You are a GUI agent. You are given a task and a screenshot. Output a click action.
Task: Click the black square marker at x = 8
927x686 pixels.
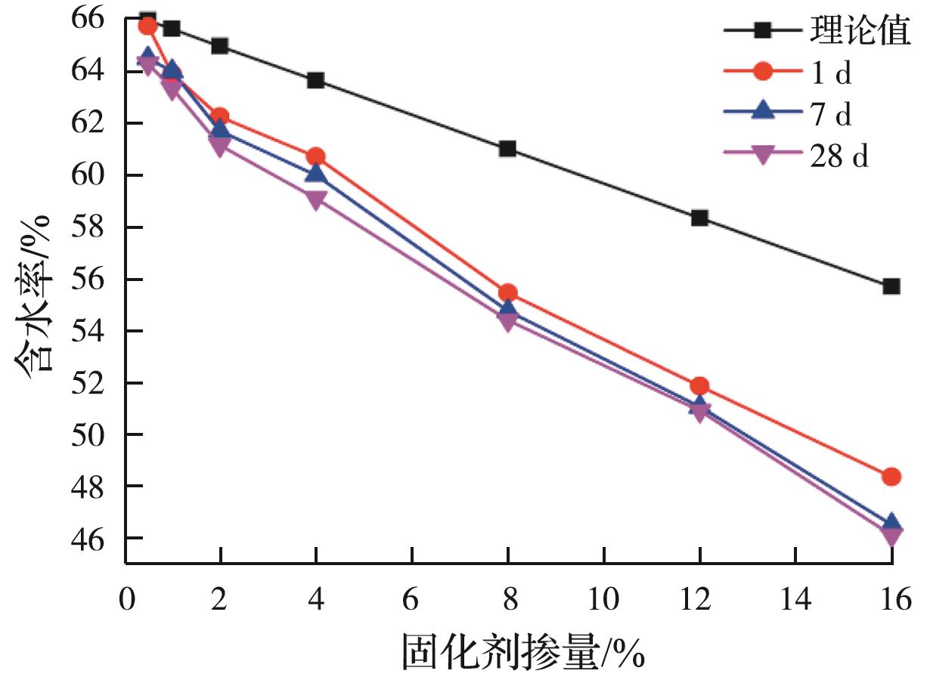pos(507,149)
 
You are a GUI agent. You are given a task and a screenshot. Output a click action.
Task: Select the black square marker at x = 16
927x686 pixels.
pos(891,286)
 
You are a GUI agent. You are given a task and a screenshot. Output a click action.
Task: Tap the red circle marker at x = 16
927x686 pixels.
pos(891,477)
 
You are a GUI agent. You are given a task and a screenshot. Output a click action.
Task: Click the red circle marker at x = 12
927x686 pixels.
pos(699,386)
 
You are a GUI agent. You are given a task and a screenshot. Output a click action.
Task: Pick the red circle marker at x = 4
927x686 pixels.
pos(316,157)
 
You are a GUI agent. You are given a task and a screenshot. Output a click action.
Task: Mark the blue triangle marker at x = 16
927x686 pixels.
pos(891,523)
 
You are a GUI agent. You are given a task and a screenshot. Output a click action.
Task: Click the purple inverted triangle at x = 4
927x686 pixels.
pos(316,200)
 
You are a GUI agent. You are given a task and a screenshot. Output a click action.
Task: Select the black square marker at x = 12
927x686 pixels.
pos(699,218)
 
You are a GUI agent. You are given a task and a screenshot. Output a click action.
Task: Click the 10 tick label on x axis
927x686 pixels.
pos(603,600)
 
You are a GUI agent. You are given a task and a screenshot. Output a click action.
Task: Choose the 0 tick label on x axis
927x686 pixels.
pos(126,600)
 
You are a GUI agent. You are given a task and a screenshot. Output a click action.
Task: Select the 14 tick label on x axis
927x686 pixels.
pos(795,600)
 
